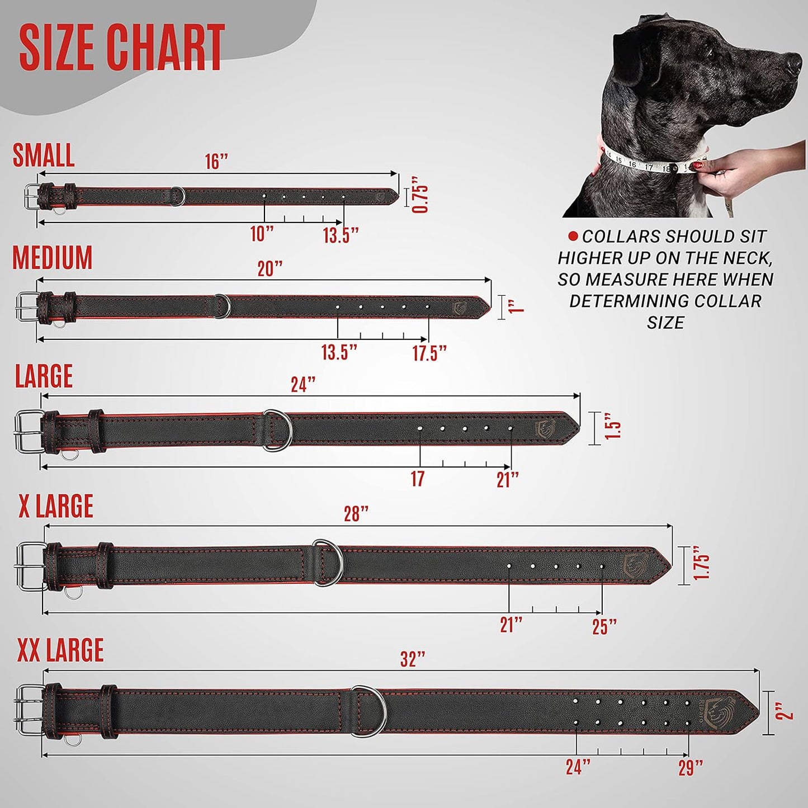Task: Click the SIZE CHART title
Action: pyautogui.click(x=122, y=48)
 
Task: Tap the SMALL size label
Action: pyautogui.click(x=44, y=155)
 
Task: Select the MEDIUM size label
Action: pyautogui.click(x=53, y=258)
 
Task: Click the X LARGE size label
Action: pyautogui.click(x=56, y=506)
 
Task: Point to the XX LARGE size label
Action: pyautogui.click(x=60, y=650)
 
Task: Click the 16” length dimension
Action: pyautogui.click(x=216, y=162)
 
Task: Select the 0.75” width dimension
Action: pyautogui.click(x=420, y=195)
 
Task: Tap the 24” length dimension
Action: pyautogui.click(x=303, y=385)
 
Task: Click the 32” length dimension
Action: pyautogui.click(x=413, y=659)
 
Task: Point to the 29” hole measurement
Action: pyautogui.click(x=691, y=768)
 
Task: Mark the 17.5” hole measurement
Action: pyautogui.click(x=429, y=353)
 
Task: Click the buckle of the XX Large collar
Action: pyautogui.click(x=29, y=710)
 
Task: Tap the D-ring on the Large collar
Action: pyautogui.click(x=278, y=430)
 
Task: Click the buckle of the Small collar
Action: pyautogui.click(x=31, y=196)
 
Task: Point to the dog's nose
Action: pyautogui.click(x=795, y=62)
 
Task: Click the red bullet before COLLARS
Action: pyautogui.click(x=573, y=237)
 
